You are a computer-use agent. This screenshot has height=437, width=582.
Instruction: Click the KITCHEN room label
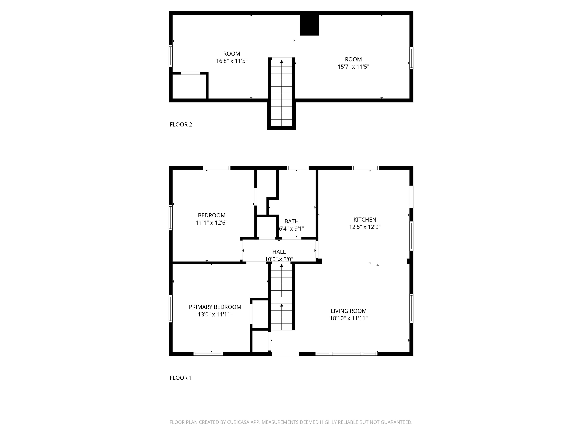[365, 219]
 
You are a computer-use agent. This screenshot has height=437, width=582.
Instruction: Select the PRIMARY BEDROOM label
[215, 307]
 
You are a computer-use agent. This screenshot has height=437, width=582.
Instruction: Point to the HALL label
[279, 252]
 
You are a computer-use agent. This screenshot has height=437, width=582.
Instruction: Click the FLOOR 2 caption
[181, 125]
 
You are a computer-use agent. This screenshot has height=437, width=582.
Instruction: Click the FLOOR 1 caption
[181, 378]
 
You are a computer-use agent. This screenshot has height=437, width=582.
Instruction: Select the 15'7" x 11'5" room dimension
[353, 67]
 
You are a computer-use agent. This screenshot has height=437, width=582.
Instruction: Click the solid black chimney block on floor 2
[310, 25]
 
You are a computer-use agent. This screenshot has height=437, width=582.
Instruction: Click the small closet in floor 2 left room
[189, 86]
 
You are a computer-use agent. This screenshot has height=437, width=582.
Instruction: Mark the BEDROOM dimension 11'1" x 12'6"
[212, 223]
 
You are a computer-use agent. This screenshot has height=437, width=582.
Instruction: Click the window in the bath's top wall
[297, 168]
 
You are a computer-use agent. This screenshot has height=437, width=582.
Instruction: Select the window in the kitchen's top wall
[365, 168]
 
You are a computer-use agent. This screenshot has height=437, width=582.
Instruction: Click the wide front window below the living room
[346, 354]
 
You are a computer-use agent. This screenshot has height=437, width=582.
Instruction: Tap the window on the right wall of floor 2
[411, 58]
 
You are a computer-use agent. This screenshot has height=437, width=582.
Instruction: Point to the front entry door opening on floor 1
[285, 354]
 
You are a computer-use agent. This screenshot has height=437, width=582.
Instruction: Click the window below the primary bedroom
[208, 354]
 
